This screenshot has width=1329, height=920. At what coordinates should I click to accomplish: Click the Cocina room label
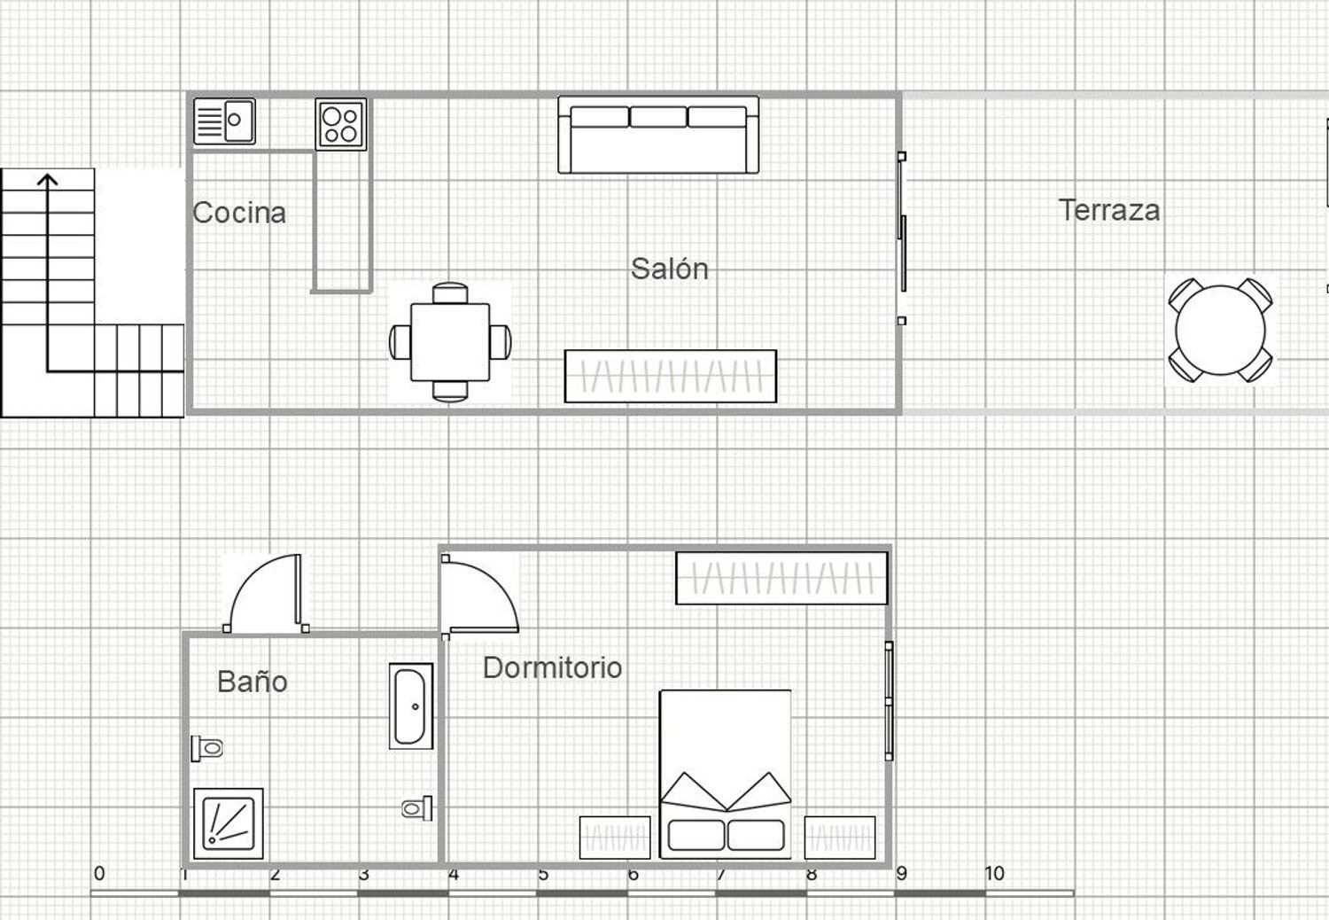(x=239, y=213)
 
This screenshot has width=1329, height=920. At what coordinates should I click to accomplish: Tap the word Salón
(x=669, y=269)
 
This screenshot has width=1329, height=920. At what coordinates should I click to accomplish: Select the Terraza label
(x=1109, y=210)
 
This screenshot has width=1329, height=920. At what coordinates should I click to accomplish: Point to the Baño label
(x=252, y=682)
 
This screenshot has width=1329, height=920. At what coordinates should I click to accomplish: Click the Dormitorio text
(x=552, y=667)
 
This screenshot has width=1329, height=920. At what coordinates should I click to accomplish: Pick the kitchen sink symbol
(x=224, y=121)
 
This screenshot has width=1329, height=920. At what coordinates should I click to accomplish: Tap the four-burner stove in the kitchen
(x=341, y=124)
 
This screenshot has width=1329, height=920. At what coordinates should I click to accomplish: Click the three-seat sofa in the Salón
(x=658, y=135)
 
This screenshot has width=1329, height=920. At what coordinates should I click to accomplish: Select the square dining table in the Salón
(x=450, y=342)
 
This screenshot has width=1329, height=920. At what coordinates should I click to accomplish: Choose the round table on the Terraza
(x=1220, y=331)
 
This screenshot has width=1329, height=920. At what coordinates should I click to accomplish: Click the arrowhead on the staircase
(x=47, y=180)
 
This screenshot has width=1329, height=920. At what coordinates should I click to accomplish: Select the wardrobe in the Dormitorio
(x=781, y=578)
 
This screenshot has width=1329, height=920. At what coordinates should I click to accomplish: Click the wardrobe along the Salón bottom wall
(x=671, y=376)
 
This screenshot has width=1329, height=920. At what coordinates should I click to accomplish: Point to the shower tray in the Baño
(x=229, y=823)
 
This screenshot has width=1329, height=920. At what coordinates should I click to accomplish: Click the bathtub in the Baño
(x=411, y=706)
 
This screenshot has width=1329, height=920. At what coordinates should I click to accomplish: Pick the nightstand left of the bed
(x=615, y=837)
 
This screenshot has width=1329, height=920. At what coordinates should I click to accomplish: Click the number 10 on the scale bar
(x=994, y=874)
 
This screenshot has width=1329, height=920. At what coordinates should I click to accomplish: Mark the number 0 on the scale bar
(x=99, y=874)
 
